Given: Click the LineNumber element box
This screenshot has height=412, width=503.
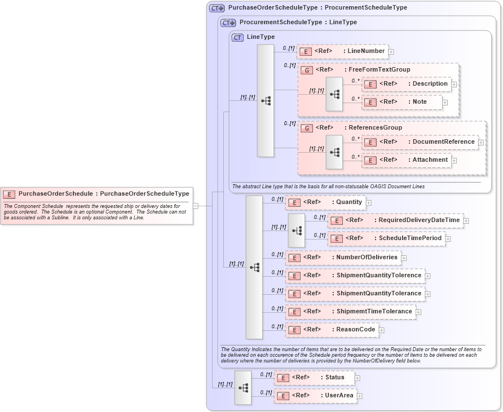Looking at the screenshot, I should point(342,51).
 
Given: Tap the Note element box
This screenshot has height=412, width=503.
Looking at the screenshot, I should point(402,102).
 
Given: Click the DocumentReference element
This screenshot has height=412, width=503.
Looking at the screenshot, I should point(420,142).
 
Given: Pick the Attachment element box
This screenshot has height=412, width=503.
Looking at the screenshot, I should point(407,160).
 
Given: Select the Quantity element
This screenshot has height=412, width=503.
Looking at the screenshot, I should point(325,202).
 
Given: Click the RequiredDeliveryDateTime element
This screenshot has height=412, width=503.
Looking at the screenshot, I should point(395,220).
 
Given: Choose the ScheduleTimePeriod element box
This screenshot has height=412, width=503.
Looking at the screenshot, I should point(386,238).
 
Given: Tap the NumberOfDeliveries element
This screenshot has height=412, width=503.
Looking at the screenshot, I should point(343,258).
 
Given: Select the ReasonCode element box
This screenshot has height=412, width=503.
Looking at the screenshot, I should point(332,330).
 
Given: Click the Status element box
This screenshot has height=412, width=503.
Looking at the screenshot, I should point(314,378).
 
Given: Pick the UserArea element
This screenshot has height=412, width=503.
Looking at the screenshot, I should point(315,396).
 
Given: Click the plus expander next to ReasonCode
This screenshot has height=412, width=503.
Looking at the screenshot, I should point(382,330).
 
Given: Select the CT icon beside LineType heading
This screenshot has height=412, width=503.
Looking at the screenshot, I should point(238,37).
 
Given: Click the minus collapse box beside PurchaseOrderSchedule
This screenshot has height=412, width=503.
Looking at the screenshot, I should point(196,206).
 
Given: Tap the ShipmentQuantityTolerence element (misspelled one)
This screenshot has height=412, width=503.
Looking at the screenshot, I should point(355,276).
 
